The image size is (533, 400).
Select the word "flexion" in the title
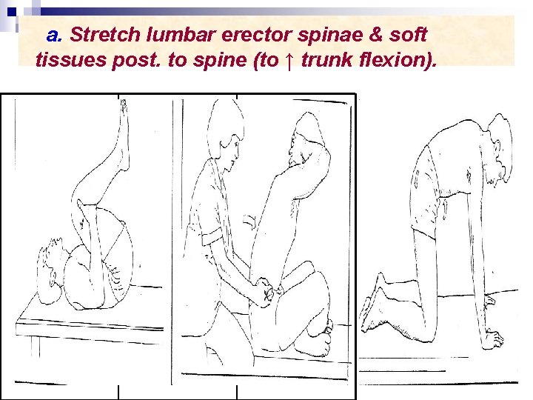point(387,60)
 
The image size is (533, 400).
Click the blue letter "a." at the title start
point(53,35)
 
